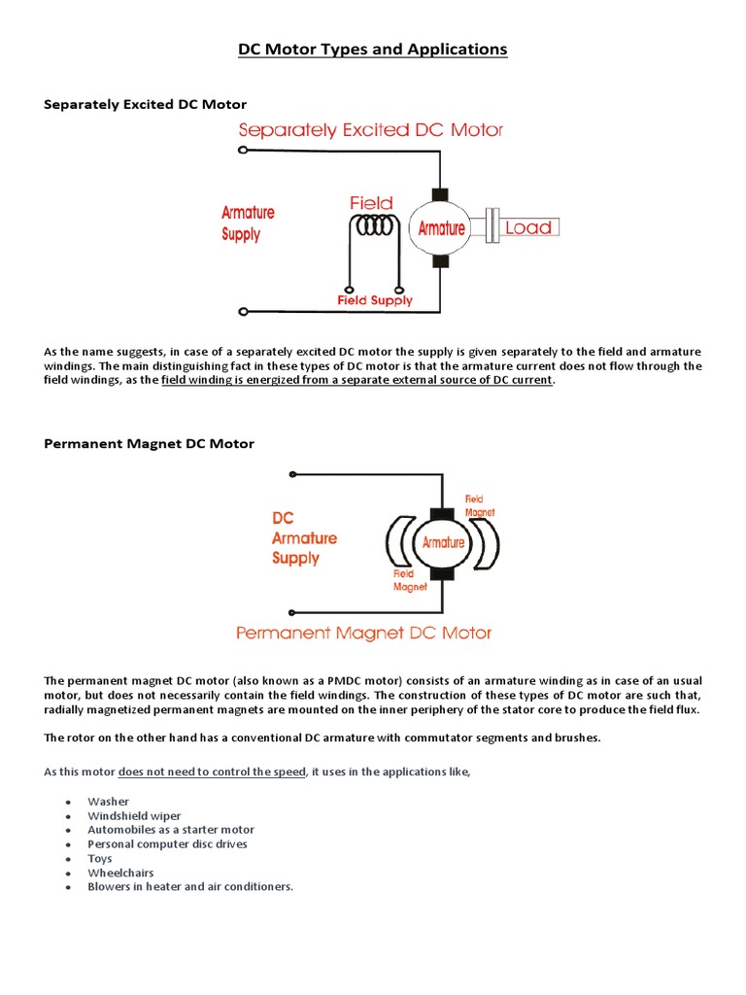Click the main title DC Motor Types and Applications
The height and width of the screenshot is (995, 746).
coord(373,50)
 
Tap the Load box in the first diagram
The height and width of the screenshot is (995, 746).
coord(528,228)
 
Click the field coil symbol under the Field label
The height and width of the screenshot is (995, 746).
coord(375,226)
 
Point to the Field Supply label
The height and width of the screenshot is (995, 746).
coord(375,301)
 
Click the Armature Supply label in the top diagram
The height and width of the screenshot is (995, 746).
coord(248,223)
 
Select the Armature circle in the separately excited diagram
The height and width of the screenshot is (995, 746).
coord(441,228)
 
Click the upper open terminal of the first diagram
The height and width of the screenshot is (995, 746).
coord(243,151)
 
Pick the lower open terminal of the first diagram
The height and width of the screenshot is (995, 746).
coord(243,312)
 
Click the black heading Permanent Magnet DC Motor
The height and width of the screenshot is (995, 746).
coord(150,444)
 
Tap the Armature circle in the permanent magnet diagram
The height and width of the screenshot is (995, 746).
coord(442,543)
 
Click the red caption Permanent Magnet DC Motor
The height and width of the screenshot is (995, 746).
coord(364,634)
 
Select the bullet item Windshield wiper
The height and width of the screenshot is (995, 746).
coord(134,816)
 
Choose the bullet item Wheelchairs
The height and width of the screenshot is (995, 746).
coord(120,873)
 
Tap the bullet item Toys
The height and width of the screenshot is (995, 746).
coord(100,859)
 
